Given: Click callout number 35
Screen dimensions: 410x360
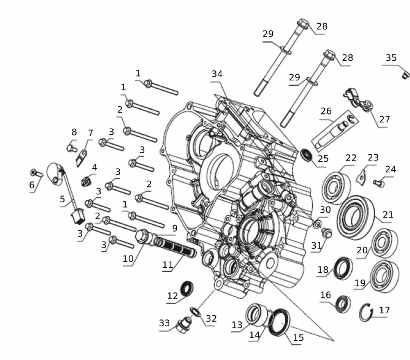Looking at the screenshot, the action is [x=391, y=58].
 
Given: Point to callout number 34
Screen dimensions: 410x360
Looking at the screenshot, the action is [x=217, y=74].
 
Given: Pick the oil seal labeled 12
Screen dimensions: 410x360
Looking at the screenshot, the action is [x=187, y=289].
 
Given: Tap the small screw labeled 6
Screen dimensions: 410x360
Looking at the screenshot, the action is [x=36, y=173].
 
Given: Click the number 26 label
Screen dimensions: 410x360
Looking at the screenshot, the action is [x=326, y=111].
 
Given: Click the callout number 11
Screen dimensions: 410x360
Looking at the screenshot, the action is [x=168, y=265].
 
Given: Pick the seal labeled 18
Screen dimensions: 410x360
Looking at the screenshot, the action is [x=343, y=268].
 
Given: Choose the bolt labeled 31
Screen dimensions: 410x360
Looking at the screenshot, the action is [x=327, y=233].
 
